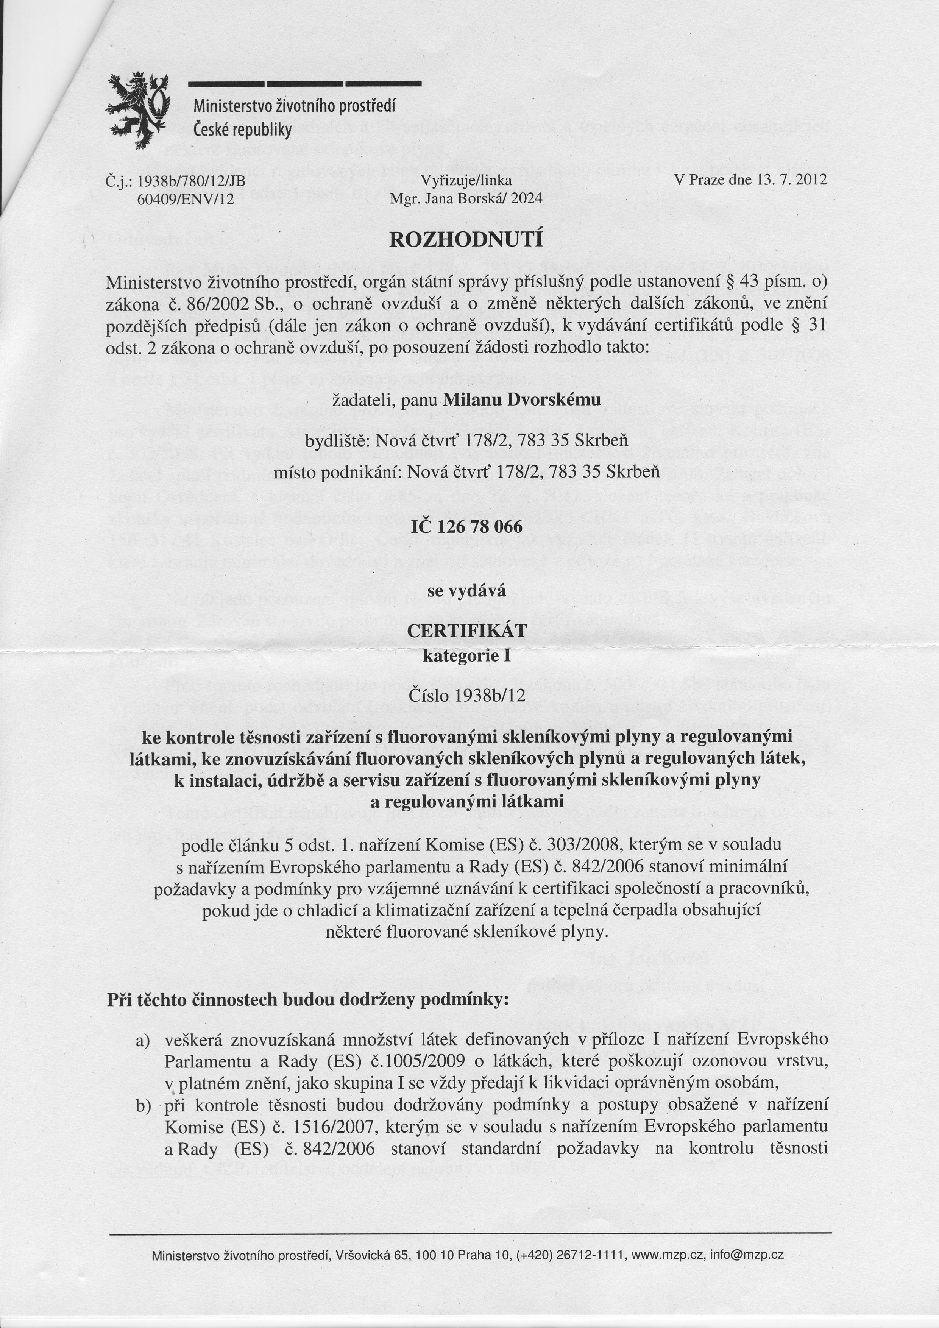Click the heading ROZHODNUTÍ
click(x=466, y=239)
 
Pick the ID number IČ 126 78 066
click(x=466, y=527)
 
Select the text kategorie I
click(x=466, y=656)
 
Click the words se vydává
click(x=466, y=591)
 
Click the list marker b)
click(x=143, y=1106)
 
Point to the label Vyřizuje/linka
click(x=466, y=181)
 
